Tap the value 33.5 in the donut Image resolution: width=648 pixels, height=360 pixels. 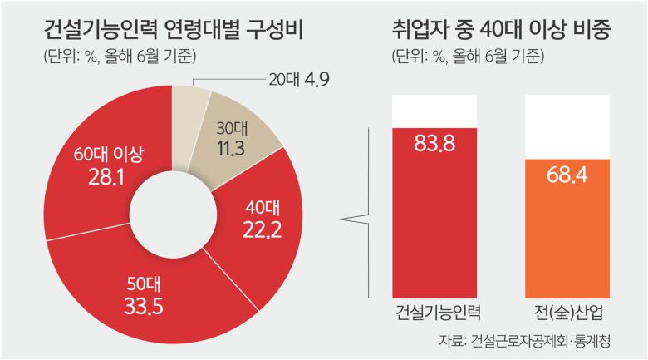145,305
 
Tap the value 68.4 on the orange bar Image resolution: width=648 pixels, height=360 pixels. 567,175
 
